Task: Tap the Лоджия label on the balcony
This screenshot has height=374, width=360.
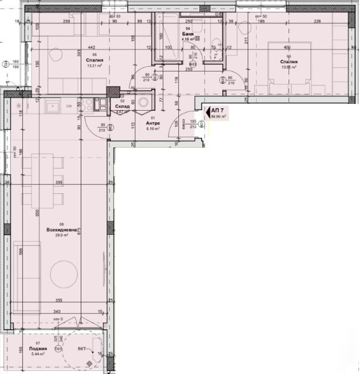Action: (x=38, y=348)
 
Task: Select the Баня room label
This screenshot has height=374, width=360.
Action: (x=188, y=34)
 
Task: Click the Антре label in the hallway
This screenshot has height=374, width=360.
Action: (x=153, y=123)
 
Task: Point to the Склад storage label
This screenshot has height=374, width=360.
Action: (x=122, y=106)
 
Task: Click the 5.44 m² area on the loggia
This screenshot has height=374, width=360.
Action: (x=38, y=354)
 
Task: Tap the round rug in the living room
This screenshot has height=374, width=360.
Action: (x=64, y=273)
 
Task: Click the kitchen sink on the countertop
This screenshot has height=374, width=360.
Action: (x=52, y=105)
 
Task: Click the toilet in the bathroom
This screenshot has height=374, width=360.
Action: (x=216, y=46)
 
